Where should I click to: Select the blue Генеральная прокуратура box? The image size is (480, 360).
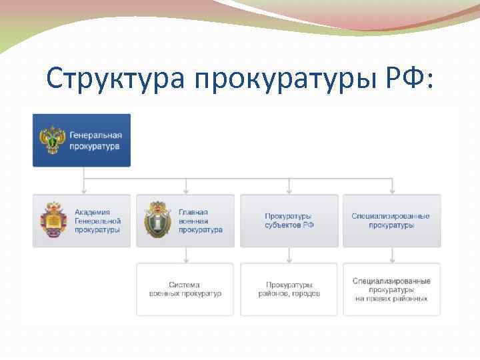(x=82, y=140)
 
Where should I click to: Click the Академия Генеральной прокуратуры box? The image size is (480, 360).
(x=82, y=221)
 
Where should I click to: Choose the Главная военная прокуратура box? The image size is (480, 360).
(x=185, y=221)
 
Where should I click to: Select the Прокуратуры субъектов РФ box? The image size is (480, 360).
(x=289, y=221)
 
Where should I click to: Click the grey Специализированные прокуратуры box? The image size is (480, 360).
(x=391, y=221)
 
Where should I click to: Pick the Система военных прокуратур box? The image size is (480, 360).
(x=185, y=289)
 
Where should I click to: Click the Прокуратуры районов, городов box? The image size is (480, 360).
(x=289, y=289)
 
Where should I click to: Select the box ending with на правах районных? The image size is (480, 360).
(x=391, y=289)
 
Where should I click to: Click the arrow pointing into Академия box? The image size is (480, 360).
(x=83, y=190)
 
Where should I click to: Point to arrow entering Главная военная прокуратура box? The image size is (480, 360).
(x=186, y=190)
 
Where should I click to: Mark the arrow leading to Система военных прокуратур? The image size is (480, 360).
(x=186, y=259)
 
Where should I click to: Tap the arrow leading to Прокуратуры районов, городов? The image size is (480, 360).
(x=289, y=259)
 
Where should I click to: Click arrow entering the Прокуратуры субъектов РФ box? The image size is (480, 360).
(x=289, y=190)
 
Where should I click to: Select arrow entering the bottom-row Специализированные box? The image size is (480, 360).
(x=392, y=259)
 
